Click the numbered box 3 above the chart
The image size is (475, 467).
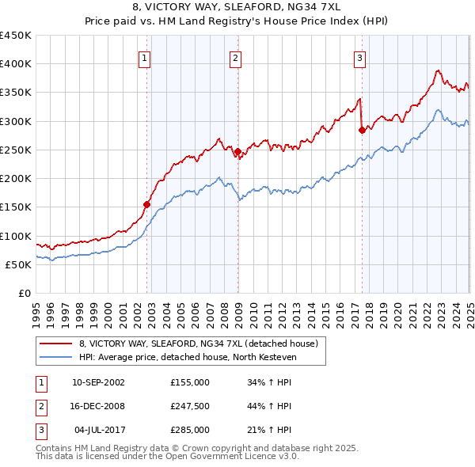click(360, 57)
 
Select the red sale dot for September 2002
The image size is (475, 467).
click(146, 204)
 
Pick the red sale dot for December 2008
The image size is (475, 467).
click(237, 150)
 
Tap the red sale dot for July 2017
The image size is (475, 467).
click(362, 130)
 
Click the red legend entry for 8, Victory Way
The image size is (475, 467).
click(198, 344)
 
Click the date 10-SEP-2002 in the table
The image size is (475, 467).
click(98, 382)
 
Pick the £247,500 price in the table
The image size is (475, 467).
click(190, 406)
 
